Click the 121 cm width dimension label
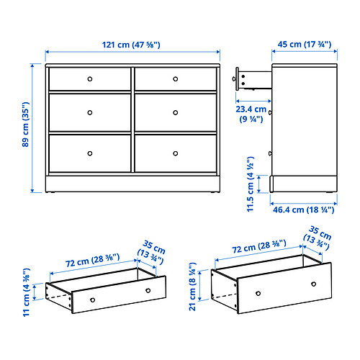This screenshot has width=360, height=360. [x=132, y=45]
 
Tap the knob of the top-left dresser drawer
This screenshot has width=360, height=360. [x=90, y=78]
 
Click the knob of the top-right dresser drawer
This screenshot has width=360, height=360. [x=175, y=78]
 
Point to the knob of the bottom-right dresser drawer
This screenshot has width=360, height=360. [x=175, y=153]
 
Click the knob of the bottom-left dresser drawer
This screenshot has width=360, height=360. [x=90, y=153]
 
